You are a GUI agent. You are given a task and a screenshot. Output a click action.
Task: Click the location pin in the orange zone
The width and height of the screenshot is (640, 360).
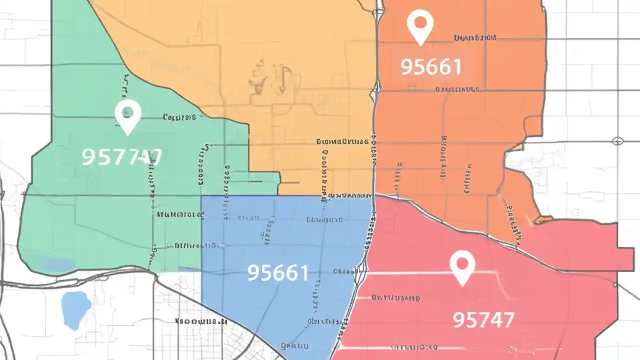(419, 27)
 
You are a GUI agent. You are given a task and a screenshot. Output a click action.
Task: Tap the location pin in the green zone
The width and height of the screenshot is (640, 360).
(127, 117)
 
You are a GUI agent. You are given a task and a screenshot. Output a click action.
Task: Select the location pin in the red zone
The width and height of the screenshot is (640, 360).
(462, 267)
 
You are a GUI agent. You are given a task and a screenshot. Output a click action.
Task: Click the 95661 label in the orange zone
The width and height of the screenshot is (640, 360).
(431, 67)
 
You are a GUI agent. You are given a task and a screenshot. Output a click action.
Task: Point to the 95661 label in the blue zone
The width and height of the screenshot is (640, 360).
(278, 272)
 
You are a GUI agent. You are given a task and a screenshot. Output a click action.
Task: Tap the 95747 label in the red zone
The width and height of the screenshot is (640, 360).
(483, 319)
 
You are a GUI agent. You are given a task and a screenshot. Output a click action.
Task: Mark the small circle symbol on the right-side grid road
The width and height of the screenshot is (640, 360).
(617, 141)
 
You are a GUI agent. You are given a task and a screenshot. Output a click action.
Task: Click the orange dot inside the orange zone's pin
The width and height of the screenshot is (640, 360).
(419, 22)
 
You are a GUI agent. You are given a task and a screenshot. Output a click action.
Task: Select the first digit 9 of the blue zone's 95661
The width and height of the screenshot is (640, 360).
(254, 272)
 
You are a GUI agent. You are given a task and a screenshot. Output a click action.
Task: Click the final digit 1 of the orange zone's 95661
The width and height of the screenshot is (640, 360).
(456, 67)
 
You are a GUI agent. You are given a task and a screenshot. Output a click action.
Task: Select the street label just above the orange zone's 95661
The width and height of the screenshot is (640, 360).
(475, 37)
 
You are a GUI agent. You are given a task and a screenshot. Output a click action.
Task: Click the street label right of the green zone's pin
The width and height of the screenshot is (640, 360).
(179, 117)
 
